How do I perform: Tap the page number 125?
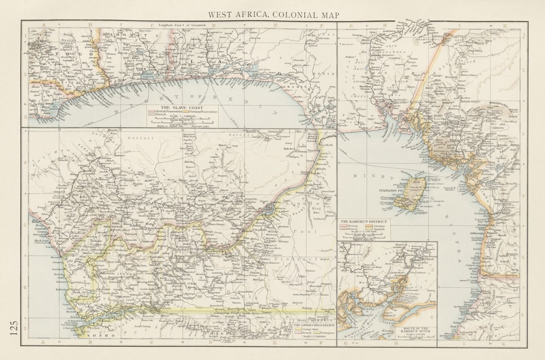[13, 327]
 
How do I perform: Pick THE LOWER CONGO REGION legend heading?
[314, 325]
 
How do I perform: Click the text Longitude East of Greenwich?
[182, 25]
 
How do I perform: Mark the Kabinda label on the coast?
[61, 289]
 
